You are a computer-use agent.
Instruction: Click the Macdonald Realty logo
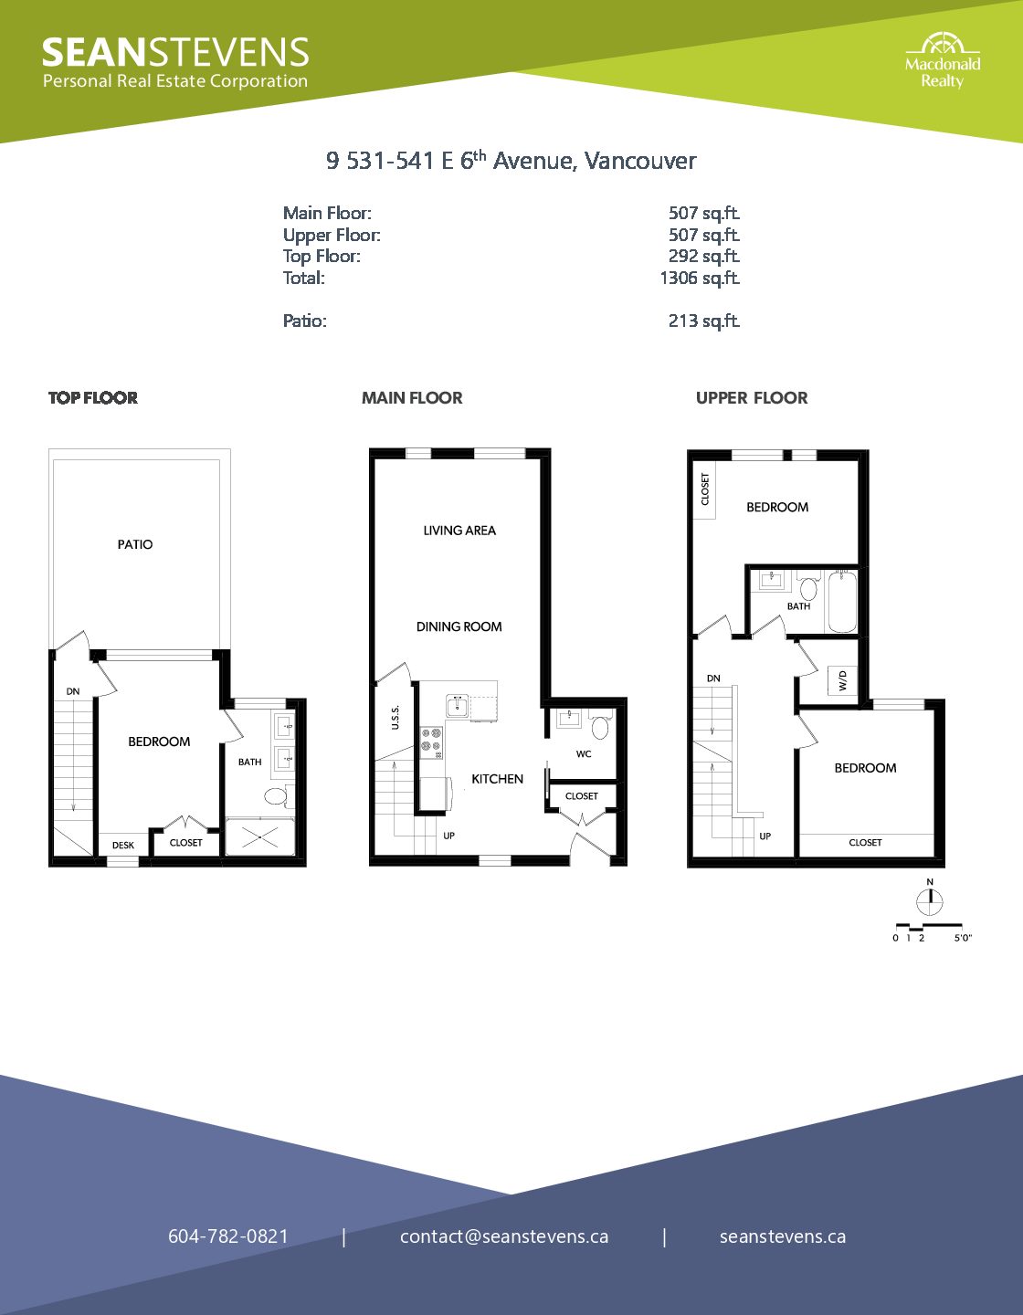[x=943, y=61]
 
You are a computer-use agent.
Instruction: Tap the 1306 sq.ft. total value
[x=700, y=279]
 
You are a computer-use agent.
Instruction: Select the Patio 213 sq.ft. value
[x=704, y=321]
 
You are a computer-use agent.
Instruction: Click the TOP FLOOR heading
[x=93, y=397]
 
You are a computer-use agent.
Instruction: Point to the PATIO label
[x=135, y=544]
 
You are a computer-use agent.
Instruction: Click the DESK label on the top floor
[x=123, y=846]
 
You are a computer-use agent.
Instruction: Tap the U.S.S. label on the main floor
[x=395, y=717]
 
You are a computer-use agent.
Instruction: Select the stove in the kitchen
[x=432, y=742]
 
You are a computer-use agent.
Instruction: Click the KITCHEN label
[x=498, y=779]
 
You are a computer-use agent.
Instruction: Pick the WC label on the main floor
[x=584, y=754]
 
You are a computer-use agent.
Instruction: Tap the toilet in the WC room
[x=600, y=726]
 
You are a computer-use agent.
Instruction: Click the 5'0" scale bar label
[x=963, y=938]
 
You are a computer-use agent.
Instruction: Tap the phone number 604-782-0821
[x=228, y=1236]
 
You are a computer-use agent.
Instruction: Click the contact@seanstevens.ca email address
[x=504, y=1236]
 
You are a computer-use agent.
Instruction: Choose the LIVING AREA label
[x=459, y=531]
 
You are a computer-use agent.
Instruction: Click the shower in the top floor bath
[x=259, y=836]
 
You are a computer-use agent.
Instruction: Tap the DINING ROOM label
[x=459, y=627]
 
